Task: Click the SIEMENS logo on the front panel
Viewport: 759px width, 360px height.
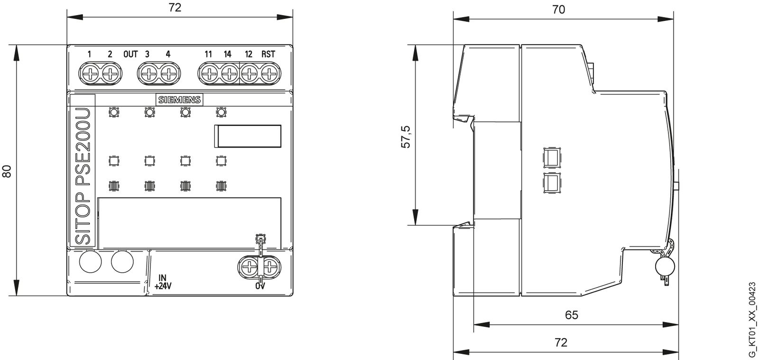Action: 179,100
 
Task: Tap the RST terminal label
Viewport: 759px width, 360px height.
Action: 268,54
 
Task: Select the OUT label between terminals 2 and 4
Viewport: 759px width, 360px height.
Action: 130,54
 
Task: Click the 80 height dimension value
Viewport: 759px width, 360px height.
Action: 7,171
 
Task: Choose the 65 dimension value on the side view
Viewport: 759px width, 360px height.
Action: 572,315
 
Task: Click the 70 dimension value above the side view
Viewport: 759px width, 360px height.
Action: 559,9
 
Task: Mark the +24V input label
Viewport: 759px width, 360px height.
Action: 163,286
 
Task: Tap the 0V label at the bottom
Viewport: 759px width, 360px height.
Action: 260,286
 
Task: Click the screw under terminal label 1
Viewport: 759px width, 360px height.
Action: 89,74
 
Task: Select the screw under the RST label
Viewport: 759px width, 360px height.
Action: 269,74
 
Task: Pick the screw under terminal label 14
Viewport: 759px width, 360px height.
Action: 229,74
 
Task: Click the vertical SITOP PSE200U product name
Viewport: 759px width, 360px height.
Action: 83,171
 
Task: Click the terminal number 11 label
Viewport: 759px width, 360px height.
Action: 208,54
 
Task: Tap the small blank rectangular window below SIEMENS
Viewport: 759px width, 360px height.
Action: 248,137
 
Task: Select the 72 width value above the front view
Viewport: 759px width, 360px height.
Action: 175,8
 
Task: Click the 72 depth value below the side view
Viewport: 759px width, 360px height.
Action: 561,342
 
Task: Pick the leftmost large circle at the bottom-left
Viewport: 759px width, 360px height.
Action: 90,262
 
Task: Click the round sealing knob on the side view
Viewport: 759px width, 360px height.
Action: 665,267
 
